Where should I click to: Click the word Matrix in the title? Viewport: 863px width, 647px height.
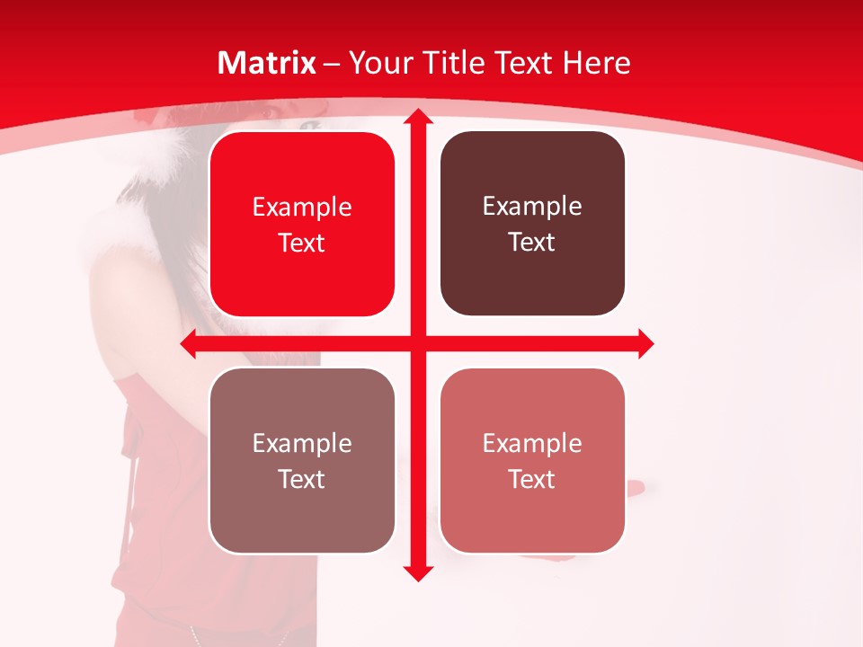point(267,63)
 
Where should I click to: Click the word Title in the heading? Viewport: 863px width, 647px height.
point(447,63)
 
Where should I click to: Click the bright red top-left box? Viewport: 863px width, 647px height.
point(302,279)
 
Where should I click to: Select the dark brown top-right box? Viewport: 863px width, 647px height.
point(532,279)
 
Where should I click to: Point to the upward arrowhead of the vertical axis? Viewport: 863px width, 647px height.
point(416,117)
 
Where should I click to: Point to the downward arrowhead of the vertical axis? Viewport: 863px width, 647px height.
point(416,572)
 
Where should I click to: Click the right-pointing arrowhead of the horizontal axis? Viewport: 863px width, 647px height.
point(645,343)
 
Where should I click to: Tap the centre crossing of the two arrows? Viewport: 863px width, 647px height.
point(416,343)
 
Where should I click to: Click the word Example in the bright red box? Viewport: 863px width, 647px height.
point(302,208)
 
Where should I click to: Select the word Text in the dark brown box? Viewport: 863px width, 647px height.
point(532,243)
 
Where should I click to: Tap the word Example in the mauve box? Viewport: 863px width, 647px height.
point(302,443)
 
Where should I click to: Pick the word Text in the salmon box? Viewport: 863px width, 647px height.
point(532,479)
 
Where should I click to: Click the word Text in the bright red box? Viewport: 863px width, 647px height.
point(302,244)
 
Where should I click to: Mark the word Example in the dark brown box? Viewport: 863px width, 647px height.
point(532,207)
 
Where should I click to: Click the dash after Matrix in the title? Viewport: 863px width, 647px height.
point(332,64)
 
